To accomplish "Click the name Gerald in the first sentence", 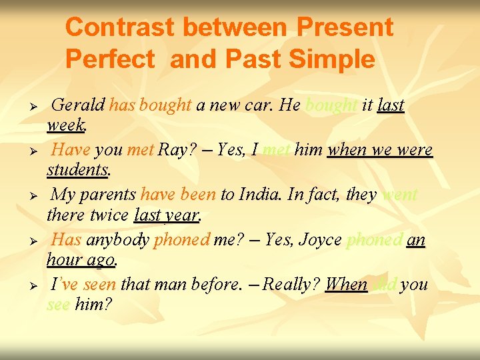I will (78, 105).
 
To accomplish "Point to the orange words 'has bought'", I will (151, 105).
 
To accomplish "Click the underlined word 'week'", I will (66, 125).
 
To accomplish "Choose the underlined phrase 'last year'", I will (167, 215).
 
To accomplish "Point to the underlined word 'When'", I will (346, 285).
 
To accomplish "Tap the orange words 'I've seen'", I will (83, 285).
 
